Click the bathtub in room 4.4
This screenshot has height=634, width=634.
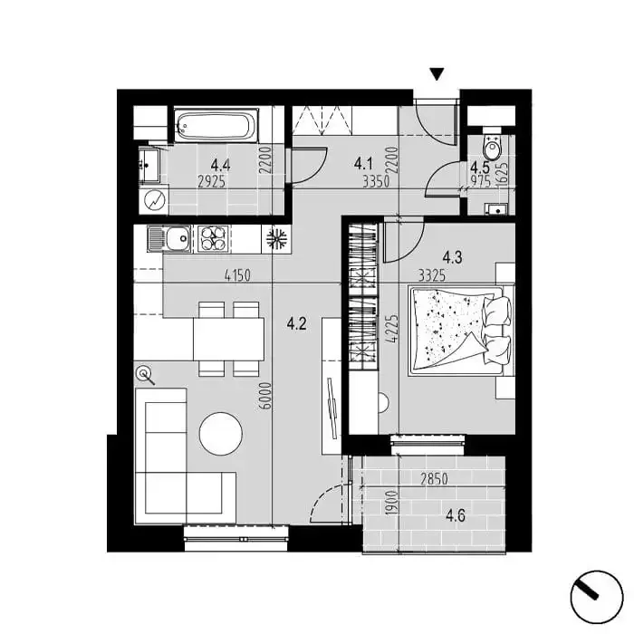coord(216,125)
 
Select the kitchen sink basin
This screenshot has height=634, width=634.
coord(178,238)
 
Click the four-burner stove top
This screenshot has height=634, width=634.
coord(213,238)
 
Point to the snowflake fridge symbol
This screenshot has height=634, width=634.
coord(276,238)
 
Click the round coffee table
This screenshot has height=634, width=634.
coord(221,434)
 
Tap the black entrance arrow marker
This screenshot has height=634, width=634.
coord(437,74)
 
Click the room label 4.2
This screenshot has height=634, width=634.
coord(296,323)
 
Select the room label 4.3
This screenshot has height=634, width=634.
coord(452,256)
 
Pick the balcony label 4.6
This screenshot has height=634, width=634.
coord(456,515)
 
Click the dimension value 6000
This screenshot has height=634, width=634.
coord(265,396)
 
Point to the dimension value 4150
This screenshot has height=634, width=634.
coord(237,275)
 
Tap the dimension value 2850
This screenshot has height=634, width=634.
coord(434,479)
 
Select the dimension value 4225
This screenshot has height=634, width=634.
coord(392,329)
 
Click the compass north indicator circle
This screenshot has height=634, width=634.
coord(596,597)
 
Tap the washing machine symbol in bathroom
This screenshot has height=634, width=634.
coord(154,201)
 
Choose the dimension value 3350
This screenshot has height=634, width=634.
coord(376,181)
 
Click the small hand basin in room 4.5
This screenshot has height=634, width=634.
coord(495,209)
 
